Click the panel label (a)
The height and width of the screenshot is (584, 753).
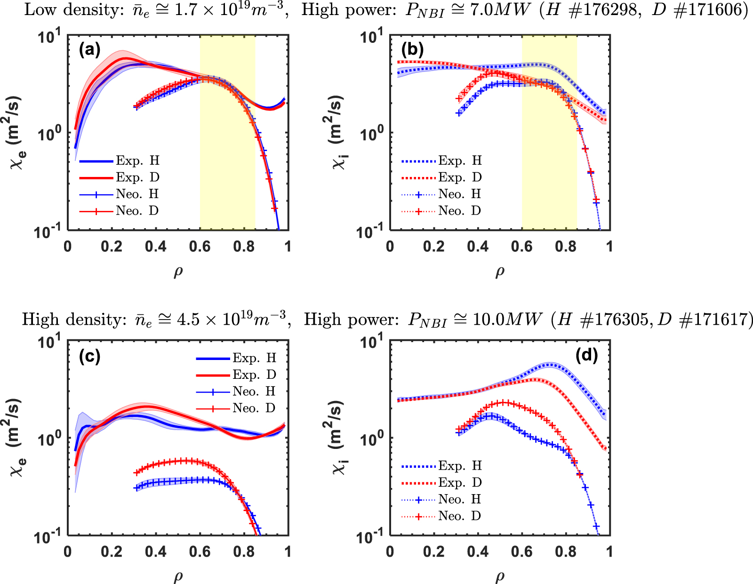coord(89,49)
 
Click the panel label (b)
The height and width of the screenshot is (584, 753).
coord(412,49)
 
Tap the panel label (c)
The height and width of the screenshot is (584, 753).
coord(89,357)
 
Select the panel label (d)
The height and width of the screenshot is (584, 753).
coord(586,355)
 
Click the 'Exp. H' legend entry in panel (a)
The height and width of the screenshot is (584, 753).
coord(137,161)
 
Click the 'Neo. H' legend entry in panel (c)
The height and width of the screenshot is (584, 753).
coord(253,392)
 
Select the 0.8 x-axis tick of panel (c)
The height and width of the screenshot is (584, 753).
coord(244,551)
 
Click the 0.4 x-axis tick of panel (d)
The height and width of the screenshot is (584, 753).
coord(478,551)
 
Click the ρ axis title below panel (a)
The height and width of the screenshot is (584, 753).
coord(178,272)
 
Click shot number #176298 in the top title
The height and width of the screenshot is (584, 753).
coord(603,9)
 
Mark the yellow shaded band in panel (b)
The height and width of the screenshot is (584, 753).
coord(549,188)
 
